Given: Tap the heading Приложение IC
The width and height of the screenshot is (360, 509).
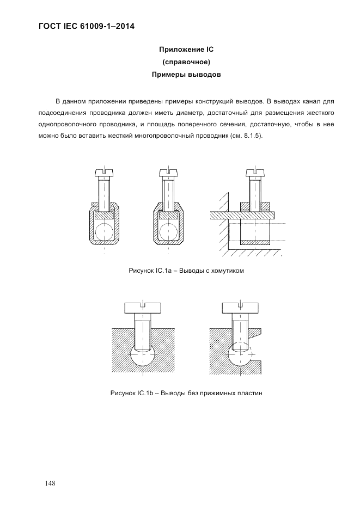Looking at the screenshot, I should pyautogui.click(x=186, y=50).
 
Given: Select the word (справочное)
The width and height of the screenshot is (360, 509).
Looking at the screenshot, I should pyautogui.click(x=186, y=62).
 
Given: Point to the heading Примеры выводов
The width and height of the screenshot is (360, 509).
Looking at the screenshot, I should pyautogui.click(x=186, y=75).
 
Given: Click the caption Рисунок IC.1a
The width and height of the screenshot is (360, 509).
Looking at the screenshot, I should pyautogui.click(x=147, y=271).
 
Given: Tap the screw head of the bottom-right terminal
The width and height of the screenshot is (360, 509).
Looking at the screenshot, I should pyautogui.click(x=241, y=308).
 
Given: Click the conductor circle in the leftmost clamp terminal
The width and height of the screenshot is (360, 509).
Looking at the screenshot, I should pyautogui.click(x=103, y=230).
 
